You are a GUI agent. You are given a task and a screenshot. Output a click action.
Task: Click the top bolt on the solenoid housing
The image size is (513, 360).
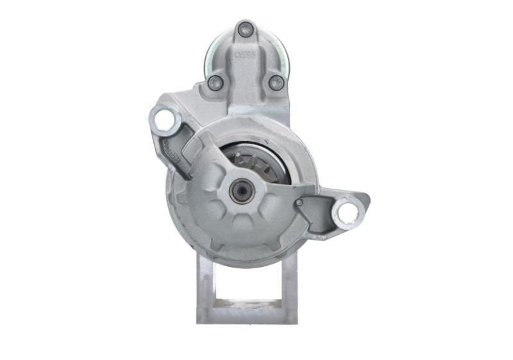pyautogui.click(x=245, y=29)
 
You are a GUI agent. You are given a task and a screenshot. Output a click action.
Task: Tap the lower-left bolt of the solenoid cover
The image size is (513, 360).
pyautogui.click(x=216, y=82)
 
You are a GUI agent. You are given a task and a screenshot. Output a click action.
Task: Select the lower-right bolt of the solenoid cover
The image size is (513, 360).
pyautogui.click(x=276, y=82)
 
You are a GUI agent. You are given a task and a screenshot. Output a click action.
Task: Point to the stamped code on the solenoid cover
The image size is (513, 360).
pyautogui.click(x=247, y=55)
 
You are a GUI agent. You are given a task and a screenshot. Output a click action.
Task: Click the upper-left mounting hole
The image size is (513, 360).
pyautogui.click(x=164, y=119)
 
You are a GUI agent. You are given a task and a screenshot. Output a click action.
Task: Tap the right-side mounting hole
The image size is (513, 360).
pyautogui.click(x=347, y=212)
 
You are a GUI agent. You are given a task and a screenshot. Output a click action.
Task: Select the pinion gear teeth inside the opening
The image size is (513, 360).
pyautogui.click(x=250, y=160)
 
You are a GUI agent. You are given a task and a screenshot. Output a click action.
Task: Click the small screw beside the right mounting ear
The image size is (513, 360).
pyautogui.click(x=299, y=203)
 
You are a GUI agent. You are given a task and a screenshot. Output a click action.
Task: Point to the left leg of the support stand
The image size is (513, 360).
pyautogui.click(x=206, y=289)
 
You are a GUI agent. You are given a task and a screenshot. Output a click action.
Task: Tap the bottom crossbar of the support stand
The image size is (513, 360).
pyautogui.click(x=247, y=313)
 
